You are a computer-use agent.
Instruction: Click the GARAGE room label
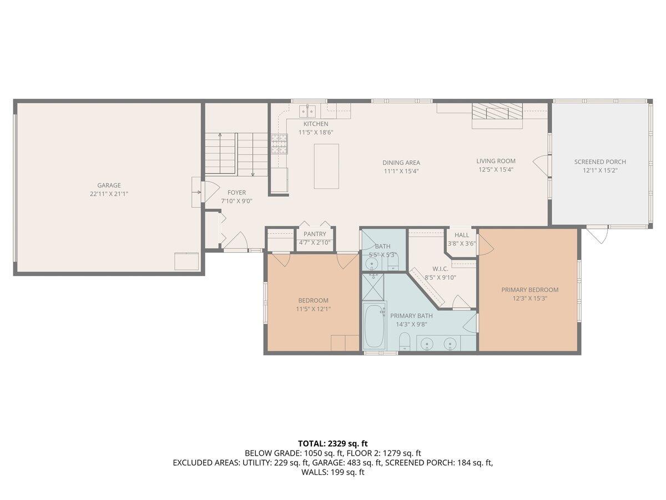click(x=109, y=185)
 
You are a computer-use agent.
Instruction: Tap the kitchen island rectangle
click(x=326, y=166)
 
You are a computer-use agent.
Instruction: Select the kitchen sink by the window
click(x=307, y=111)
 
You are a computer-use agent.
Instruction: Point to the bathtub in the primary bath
click(x=374, y=326)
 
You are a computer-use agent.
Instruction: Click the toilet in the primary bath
click(x=404, y=342)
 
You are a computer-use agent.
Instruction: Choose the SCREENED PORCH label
click(x=600, y=162)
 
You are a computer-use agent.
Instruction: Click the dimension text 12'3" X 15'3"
click(x=530, y=298)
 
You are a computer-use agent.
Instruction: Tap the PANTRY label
click(x=315, y=234)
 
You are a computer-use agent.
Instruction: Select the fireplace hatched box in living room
click(x=497, y=111)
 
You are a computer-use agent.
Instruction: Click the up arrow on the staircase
click(x=220, y=153)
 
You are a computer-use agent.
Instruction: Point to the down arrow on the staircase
click(x=253, y=155)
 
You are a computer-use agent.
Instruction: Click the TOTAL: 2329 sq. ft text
click(x=333, y=444)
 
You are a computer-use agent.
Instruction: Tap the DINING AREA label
click(x=401, y=163)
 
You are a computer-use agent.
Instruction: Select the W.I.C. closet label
click(x=440, y=269)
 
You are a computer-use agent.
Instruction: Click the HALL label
click(x=462, y=235)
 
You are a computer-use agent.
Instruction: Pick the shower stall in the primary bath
click(x=374, y=287)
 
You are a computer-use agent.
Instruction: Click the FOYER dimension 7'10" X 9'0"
click(x=236, y=201)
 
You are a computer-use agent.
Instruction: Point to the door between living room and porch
click(x=541, y=166)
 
